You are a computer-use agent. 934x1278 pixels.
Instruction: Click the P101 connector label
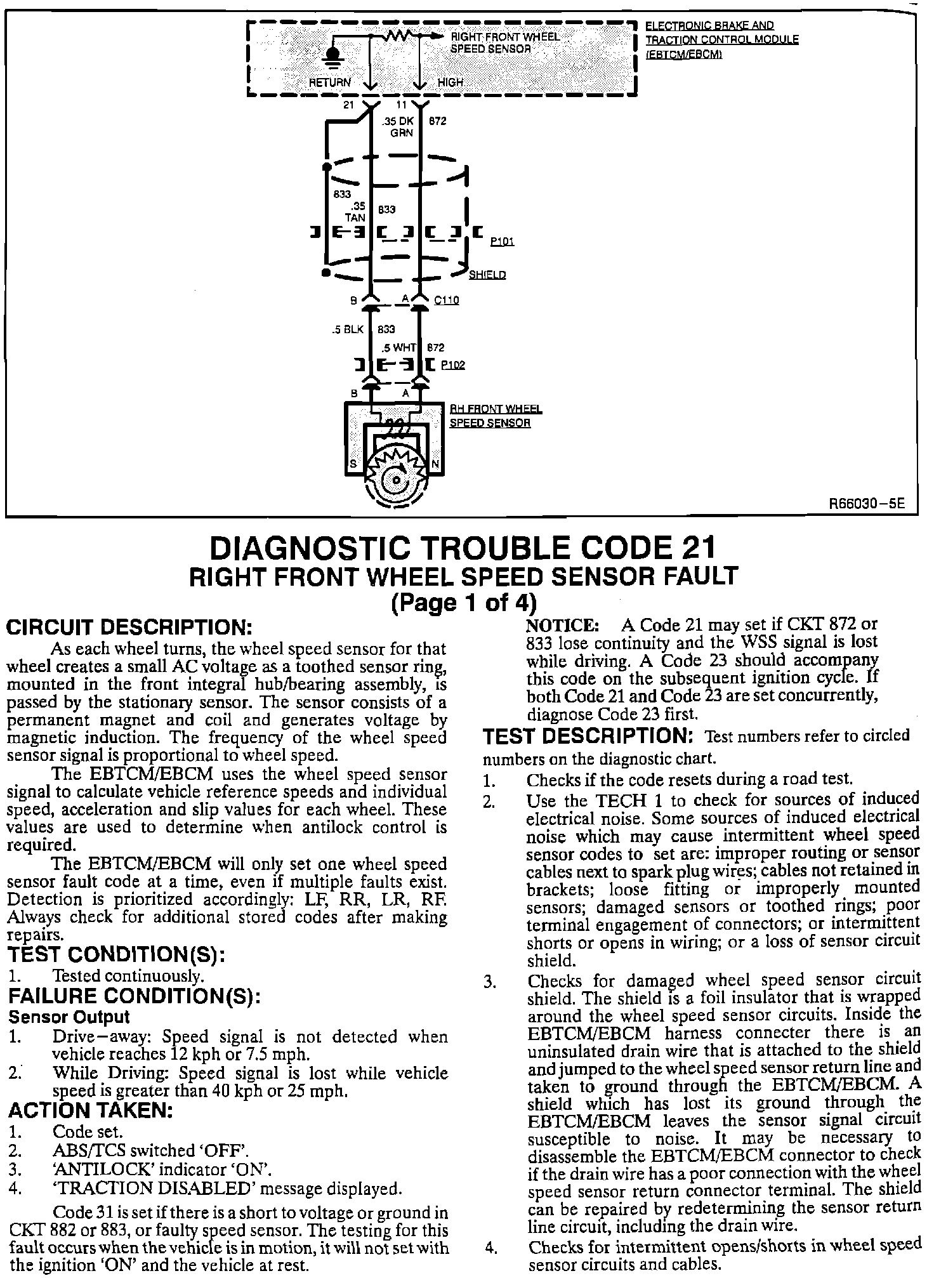click(x=502, y=242)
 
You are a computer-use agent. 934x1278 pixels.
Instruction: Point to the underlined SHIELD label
click(x=487, y=275)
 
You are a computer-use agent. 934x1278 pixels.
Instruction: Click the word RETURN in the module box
click(x=329, y=82)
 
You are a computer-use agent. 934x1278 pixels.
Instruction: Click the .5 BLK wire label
click(x=348, y=329)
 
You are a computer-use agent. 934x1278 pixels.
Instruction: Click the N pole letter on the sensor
click(x=435, y=464)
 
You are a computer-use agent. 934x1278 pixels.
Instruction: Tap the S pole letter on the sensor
click(x=353, y=464)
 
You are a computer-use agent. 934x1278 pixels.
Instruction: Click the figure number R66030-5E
click(x=867, y=505)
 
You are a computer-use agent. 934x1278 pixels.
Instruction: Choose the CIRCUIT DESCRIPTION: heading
click(x=129, y=628)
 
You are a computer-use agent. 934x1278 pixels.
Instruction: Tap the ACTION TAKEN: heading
click(x=91, y=1110)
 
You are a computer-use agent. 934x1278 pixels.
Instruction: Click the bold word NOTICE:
click(x=563, y=624)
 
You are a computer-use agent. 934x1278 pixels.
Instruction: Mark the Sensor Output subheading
click(x=69, y=1017)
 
